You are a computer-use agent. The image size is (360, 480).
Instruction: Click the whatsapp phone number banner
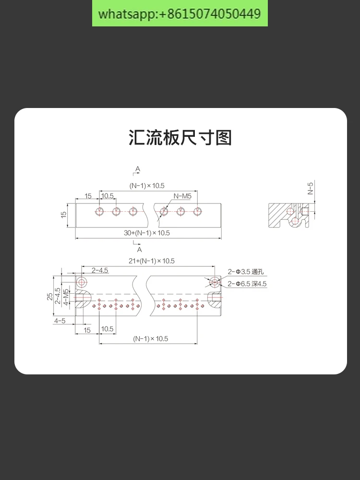pos(180,13)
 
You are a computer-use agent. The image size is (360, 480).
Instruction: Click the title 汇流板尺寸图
pos(180,138)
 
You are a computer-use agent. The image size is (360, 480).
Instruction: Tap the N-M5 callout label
pos(182,196)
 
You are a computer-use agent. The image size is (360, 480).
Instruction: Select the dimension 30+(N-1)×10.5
pos(147,233)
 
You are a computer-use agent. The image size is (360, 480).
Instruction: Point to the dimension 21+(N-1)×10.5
pos(152,261)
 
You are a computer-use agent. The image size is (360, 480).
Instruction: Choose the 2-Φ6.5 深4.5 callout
pos(247,284)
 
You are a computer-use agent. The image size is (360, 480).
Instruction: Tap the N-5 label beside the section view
pos(310,188)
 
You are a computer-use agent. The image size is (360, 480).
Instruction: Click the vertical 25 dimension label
pos(50,296)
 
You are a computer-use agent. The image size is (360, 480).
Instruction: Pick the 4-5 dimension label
pos(60,321)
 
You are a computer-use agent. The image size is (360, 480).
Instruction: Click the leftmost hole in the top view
pos(99,211)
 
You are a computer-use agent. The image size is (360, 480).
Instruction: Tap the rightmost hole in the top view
pos(197,211)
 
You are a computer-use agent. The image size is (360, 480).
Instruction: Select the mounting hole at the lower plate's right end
pos(215,282)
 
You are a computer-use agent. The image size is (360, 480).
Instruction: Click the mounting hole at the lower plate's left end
pos(82,282)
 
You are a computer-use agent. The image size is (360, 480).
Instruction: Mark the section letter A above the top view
pos(138,169)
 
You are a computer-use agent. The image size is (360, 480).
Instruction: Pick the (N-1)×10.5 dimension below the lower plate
pos(151,339)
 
